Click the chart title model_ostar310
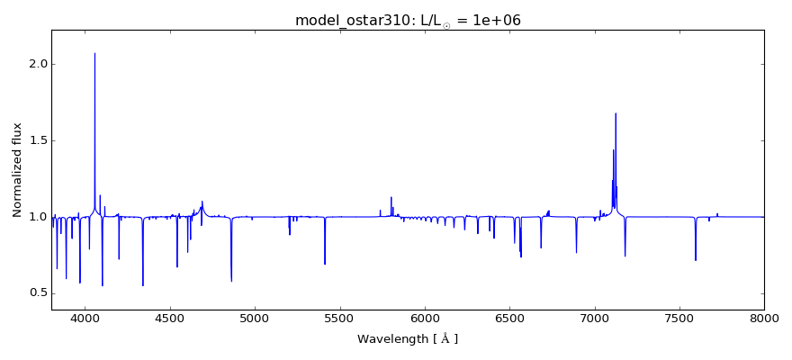[408, 21]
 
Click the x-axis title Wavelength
[408, 339]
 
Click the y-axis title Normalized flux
[18, 170]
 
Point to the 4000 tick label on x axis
[85, 318]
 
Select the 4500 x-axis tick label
[170, 318]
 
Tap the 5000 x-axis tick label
[255, 318]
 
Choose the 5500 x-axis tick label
[339, 318]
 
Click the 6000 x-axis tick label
[425, 318]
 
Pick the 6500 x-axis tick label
[509, 318]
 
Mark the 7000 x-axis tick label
[594, 318]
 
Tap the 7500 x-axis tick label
[679, 318]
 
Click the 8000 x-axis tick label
[764, 318]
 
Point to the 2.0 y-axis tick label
[35, 65]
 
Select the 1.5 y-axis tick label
[35, 141]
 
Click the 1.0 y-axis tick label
[35, 217]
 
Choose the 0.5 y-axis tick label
[35, 293]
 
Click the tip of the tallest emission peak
[94, 53]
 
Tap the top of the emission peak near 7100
[616, 113]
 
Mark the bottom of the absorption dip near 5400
[325, 264]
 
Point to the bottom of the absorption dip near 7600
[696, 260]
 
